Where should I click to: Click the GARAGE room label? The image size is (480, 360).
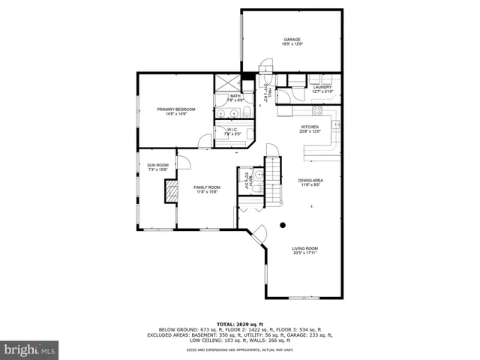pyautogui.click(x=292, y=39)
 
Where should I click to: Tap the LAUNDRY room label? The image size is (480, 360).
pyautogui.click(x=322, y=87)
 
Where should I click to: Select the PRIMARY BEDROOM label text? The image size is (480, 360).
pyautogui.click(x=171, y=109)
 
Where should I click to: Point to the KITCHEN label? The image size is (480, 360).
pyautogui.click(x=310, y=127)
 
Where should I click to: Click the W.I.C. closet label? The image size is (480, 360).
pyautogui.click(x=230, y=129)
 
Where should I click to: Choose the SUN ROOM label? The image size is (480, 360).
pyautogui.click(x=157, y=165)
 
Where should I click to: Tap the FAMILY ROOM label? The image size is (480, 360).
pyautogui.click(x=207, y=187)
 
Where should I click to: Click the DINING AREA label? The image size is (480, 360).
pyautogui.click(x=310, y=180)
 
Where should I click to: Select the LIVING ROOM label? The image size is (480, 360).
pyautogui.click(x=304, y=248)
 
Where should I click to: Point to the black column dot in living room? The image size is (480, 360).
pyautogui.click(x=283, y=224)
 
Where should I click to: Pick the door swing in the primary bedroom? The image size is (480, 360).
pyautogui.click(x=205, y=140)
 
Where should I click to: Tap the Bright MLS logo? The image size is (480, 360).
pyautogui.click(x=29, y=349)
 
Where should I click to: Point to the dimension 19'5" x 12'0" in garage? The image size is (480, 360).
pyautogui.click(x=292, y=44)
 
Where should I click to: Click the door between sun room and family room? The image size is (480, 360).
pyautogui.click(x=182, y=163)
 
